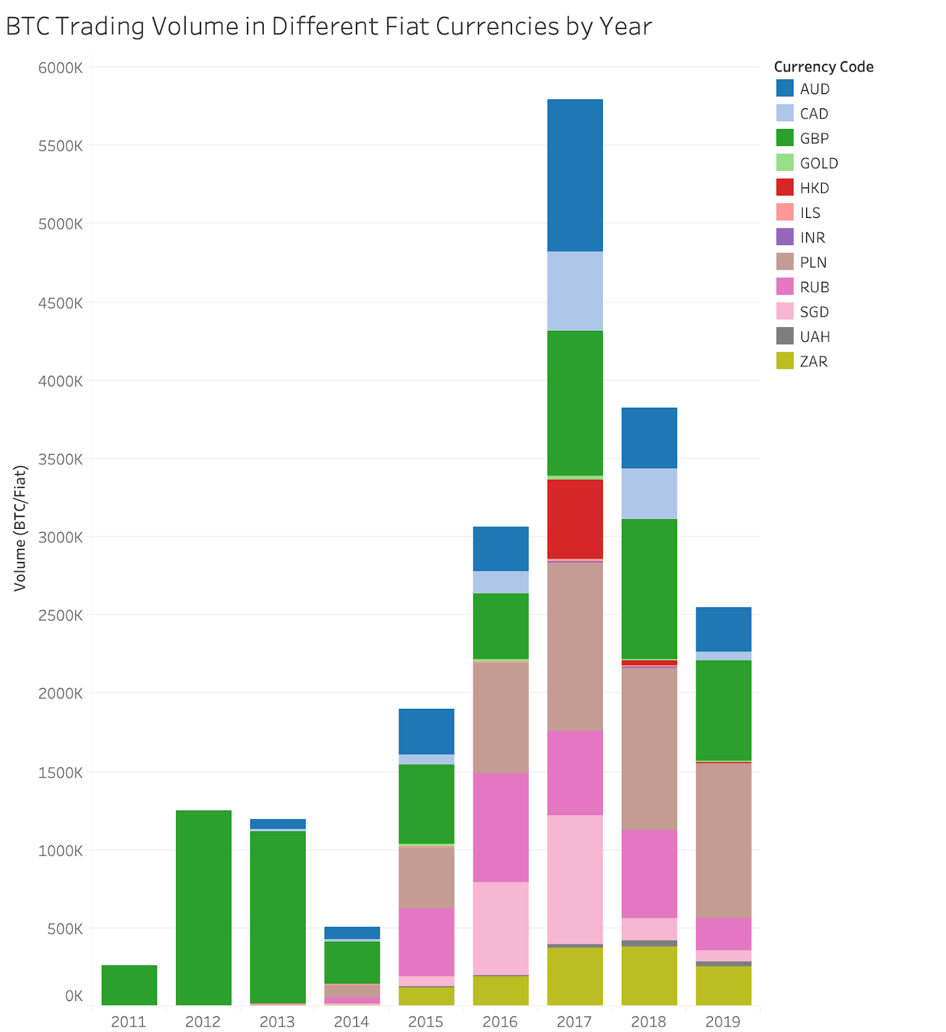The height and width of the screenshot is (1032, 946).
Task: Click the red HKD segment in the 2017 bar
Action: [575, 519]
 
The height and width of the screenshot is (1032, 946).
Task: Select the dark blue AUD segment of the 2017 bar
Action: [575, 175]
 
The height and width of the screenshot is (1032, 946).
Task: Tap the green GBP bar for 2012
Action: [203, 907]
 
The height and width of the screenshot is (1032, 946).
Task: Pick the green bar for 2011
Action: [129, 984]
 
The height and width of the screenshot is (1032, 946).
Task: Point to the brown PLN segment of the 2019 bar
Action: [723, 840]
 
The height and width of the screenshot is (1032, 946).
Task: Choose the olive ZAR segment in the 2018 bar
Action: [649, 975]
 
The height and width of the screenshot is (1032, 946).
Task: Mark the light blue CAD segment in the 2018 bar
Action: [649, 493]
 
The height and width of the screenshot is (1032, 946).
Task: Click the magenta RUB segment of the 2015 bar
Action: [426, 942]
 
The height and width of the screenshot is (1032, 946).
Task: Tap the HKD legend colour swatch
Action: [785, 188]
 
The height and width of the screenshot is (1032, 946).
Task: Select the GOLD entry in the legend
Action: [818, 163]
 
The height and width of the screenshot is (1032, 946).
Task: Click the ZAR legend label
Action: [813, 361]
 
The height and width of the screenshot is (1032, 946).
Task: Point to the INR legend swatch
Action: [785, 237]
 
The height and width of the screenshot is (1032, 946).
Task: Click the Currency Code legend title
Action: [823, 66]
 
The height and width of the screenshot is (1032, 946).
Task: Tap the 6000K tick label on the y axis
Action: [61, 68]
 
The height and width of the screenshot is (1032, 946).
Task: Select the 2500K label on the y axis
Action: [61, 615]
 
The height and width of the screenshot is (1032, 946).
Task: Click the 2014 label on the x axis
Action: [351, 1021]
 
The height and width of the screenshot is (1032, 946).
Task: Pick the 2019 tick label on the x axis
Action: [723, 1021]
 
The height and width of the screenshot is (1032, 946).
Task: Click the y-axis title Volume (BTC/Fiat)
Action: [20, 528]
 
